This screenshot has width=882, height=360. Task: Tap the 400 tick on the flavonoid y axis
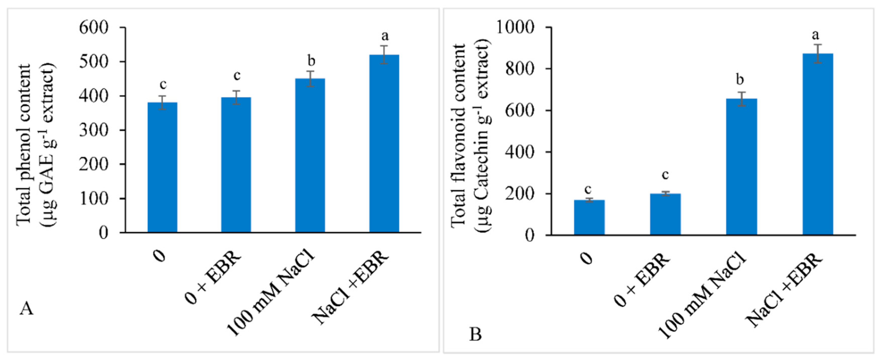pos(519,152)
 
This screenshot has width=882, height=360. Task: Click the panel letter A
pos(26,309)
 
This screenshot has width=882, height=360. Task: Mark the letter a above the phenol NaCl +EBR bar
pos(385,36)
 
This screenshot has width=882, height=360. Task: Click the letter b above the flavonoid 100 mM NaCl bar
pos(740,80)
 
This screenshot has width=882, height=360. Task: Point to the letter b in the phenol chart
pos(311,61)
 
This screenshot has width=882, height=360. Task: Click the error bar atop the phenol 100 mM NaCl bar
pos(310,79)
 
